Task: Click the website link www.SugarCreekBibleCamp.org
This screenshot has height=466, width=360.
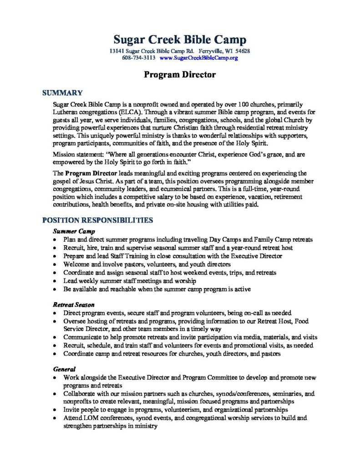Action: [x=199, y=58]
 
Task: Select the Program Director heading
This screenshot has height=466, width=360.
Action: [x=180, y=75]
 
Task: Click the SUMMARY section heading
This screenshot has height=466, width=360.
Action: [x=62, y=93]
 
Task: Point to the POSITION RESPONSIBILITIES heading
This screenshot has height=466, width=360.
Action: [x=97, y=220]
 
